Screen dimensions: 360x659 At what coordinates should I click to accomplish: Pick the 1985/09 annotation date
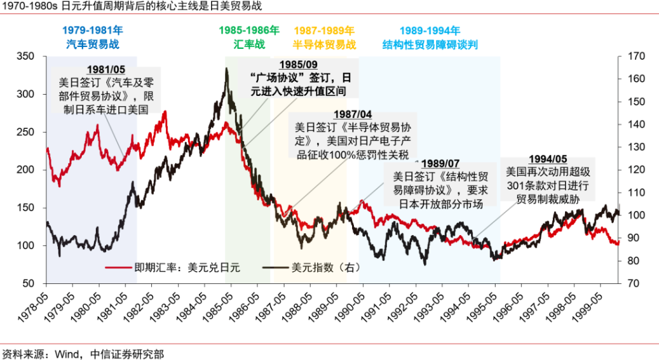298,64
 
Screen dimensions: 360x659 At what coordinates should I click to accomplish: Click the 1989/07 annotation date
438,164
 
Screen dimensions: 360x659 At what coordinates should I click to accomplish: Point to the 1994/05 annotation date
548,159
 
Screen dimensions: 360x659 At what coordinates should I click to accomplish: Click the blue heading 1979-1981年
93,30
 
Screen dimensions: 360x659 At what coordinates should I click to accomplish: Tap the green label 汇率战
248,44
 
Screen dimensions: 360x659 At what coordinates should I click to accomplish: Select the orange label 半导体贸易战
324,44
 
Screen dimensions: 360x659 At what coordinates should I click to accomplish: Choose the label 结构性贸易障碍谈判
430,44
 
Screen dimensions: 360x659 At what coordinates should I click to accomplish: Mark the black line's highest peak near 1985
226,70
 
